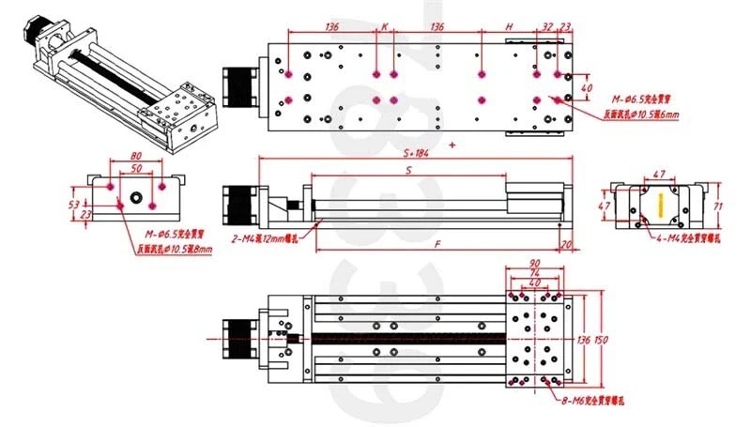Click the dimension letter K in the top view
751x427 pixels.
click(x=384, y=27)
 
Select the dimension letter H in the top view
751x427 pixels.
click(x=508, y=27)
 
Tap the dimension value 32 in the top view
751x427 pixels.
click(x=547, y=27)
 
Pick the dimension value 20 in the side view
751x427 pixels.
click(x=565, y=245)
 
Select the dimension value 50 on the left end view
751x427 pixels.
click(x=137, y=169)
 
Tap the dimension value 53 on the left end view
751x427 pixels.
click(x=73, y=202)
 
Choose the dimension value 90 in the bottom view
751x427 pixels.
click(x=535, y=265)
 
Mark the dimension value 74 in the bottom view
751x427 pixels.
click(x=535, y=274)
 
